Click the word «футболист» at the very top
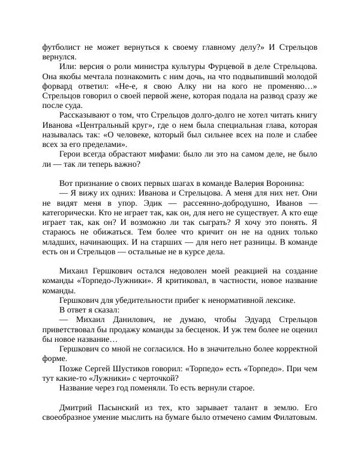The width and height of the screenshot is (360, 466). (62, 47)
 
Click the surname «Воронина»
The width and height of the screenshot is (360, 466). (284, 183)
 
